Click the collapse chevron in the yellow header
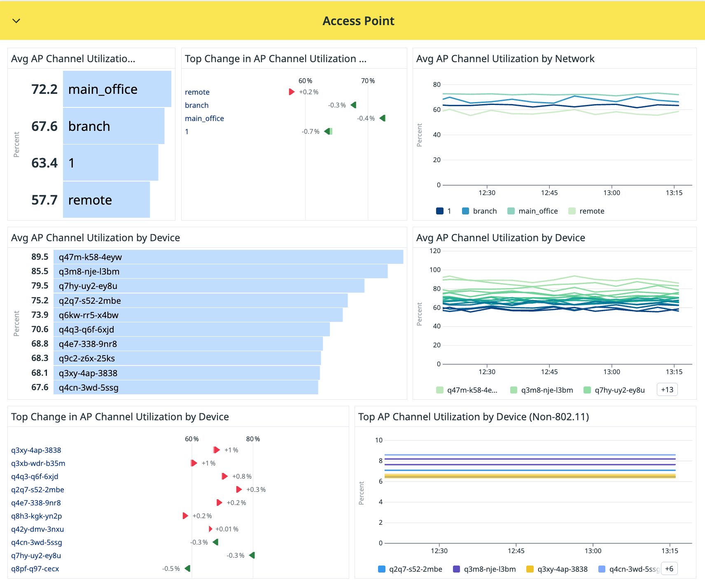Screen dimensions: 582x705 [16, 21]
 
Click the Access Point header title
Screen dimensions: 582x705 [358, 21]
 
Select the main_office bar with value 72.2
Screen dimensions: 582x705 [117, 89]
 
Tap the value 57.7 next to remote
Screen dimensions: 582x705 [44, 200]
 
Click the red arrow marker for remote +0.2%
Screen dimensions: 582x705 [292, 92]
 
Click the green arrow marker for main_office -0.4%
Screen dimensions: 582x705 [383, 118]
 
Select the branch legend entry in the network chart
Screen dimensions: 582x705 [479, 211]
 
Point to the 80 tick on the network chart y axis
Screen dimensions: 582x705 [437, 84]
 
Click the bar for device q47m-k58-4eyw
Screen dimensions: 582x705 [228, 257]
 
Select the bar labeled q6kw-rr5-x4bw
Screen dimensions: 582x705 [198, 315]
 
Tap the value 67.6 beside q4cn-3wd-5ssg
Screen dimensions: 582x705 [40, 387]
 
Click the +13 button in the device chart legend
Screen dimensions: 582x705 [667, 390]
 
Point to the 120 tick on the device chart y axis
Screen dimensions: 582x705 [435, 251]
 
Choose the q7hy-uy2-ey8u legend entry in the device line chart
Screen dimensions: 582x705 [614, 390]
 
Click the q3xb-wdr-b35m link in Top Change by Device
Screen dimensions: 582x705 [38, 463]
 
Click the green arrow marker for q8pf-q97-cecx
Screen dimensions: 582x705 [188, 568]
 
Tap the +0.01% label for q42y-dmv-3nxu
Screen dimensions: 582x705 [227, 529]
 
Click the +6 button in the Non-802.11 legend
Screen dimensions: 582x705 [669, 569]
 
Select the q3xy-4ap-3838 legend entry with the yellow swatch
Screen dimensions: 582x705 [557, 569]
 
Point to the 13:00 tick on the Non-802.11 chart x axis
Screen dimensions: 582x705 [593, 551]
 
